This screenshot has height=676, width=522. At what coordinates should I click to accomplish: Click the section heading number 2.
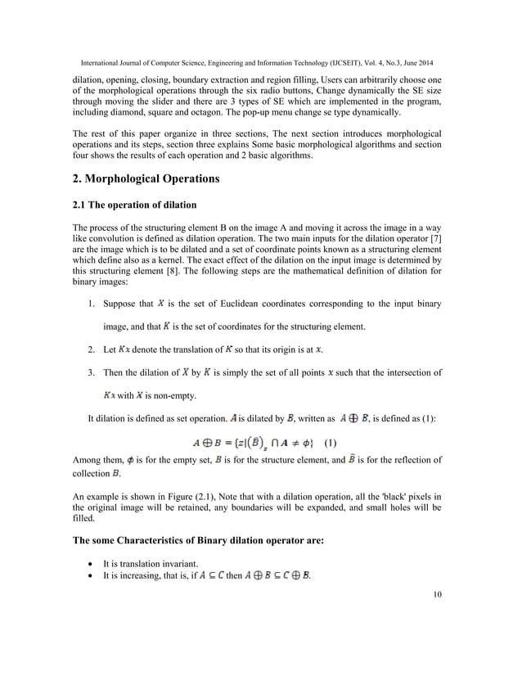click(x=78, y=178)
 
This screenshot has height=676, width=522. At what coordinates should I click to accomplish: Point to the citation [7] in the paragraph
click(x=435, y=250)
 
